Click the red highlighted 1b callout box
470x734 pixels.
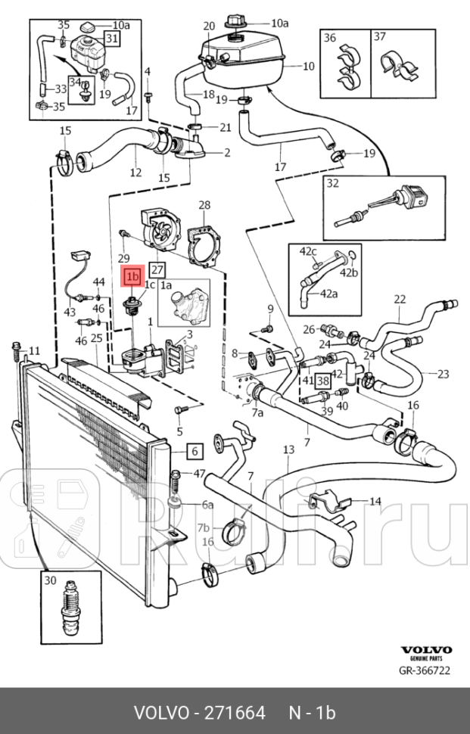(x=133, y=277)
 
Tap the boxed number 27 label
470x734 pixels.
(x=157, y=270)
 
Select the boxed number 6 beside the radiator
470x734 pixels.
(x=195, y=452)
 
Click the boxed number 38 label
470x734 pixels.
(x=323, y=381)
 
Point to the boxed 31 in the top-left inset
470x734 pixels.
(x=111, y=39)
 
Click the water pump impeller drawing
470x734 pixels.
(x=156, y=229)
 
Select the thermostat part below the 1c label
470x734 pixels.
(x=131, y=309)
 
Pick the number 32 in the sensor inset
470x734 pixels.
(x=332, y=183)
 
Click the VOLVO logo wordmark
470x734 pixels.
(x=426, y=650)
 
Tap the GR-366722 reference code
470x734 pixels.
(x=425, y=670)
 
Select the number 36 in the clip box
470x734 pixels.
(x=330, y=37)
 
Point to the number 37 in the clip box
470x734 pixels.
(x=380, y=36)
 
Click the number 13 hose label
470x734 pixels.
(x=289, y=449)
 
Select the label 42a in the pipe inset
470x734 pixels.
(x=328, y=294)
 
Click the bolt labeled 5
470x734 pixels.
(x=181, y=410)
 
